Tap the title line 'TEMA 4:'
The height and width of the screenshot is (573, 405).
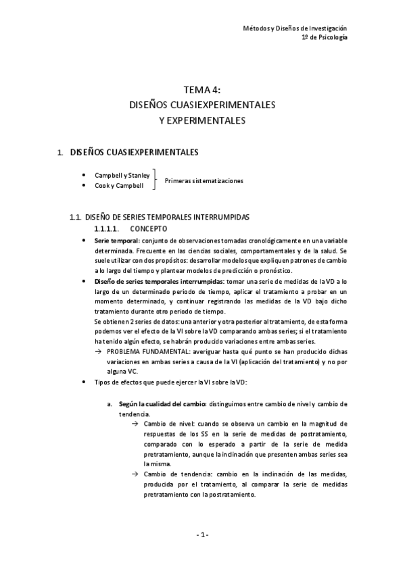click(202, 90)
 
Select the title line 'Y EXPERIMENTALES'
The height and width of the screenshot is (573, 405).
click(202, 121)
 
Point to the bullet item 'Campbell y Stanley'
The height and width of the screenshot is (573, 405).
click(122, 175)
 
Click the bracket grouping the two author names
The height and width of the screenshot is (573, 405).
click(156, 180)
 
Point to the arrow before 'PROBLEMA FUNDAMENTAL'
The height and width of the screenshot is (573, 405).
click(99, 352)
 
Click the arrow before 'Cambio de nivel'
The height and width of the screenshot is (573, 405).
click(135, 423)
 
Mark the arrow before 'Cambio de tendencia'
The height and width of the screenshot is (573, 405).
click(135, 474)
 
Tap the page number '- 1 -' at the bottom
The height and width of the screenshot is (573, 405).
click(202, 534)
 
